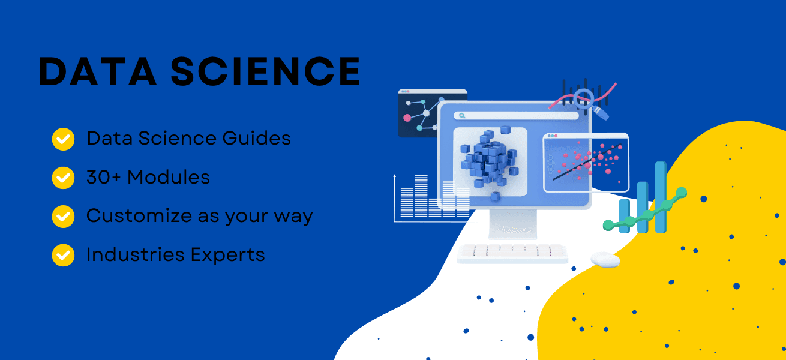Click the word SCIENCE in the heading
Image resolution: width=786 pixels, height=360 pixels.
(265, 73)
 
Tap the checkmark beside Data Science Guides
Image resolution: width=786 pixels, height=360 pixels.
(63, 139)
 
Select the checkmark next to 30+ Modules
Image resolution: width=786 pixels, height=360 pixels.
(63, 178)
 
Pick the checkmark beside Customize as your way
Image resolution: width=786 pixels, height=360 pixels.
(63, 216)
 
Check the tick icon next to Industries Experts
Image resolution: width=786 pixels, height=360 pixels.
(63, 255)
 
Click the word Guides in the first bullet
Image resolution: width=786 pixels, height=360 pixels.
(257, 139)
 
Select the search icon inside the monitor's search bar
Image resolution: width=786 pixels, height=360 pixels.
(461, 115)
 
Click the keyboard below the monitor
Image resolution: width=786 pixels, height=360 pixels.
(512, 253)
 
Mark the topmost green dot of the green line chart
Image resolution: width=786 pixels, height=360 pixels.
(682, 192)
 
